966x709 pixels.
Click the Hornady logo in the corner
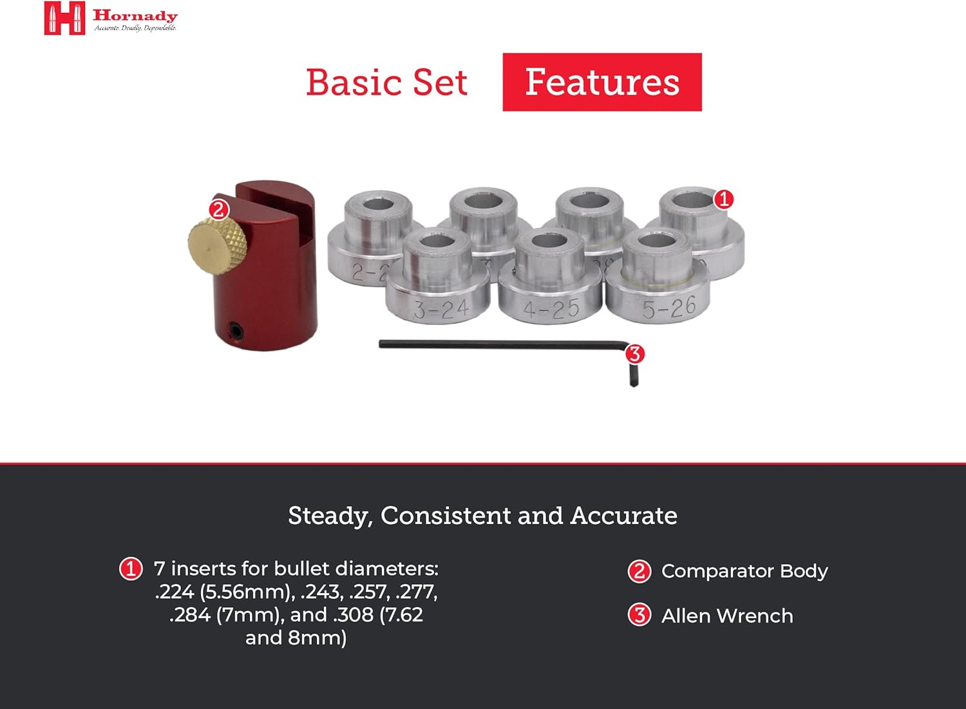[x=64, y=18]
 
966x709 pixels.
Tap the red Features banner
[x=601, y=82]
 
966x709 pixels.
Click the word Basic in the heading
[x=354, y=83]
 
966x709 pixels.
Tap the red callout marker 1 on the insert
[x=724, y=199]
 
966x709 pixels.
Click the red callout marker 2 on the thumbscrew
[x=219, y=209]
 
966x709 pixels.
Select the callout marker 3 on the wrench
[x=635, y=354]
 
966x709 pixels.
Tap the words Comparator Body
[x=744, y=571]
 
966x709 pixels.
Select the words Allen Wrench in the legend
[x=727, y=616]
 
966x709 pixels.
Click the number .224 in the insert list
[x=175, y=592]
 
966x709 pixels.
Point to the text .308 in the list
[x=353, y=615]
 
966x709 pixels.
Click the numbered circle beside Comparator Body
[x=639, y=571]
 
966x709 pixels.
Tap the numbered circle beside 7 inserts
[x=131, y=569]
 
